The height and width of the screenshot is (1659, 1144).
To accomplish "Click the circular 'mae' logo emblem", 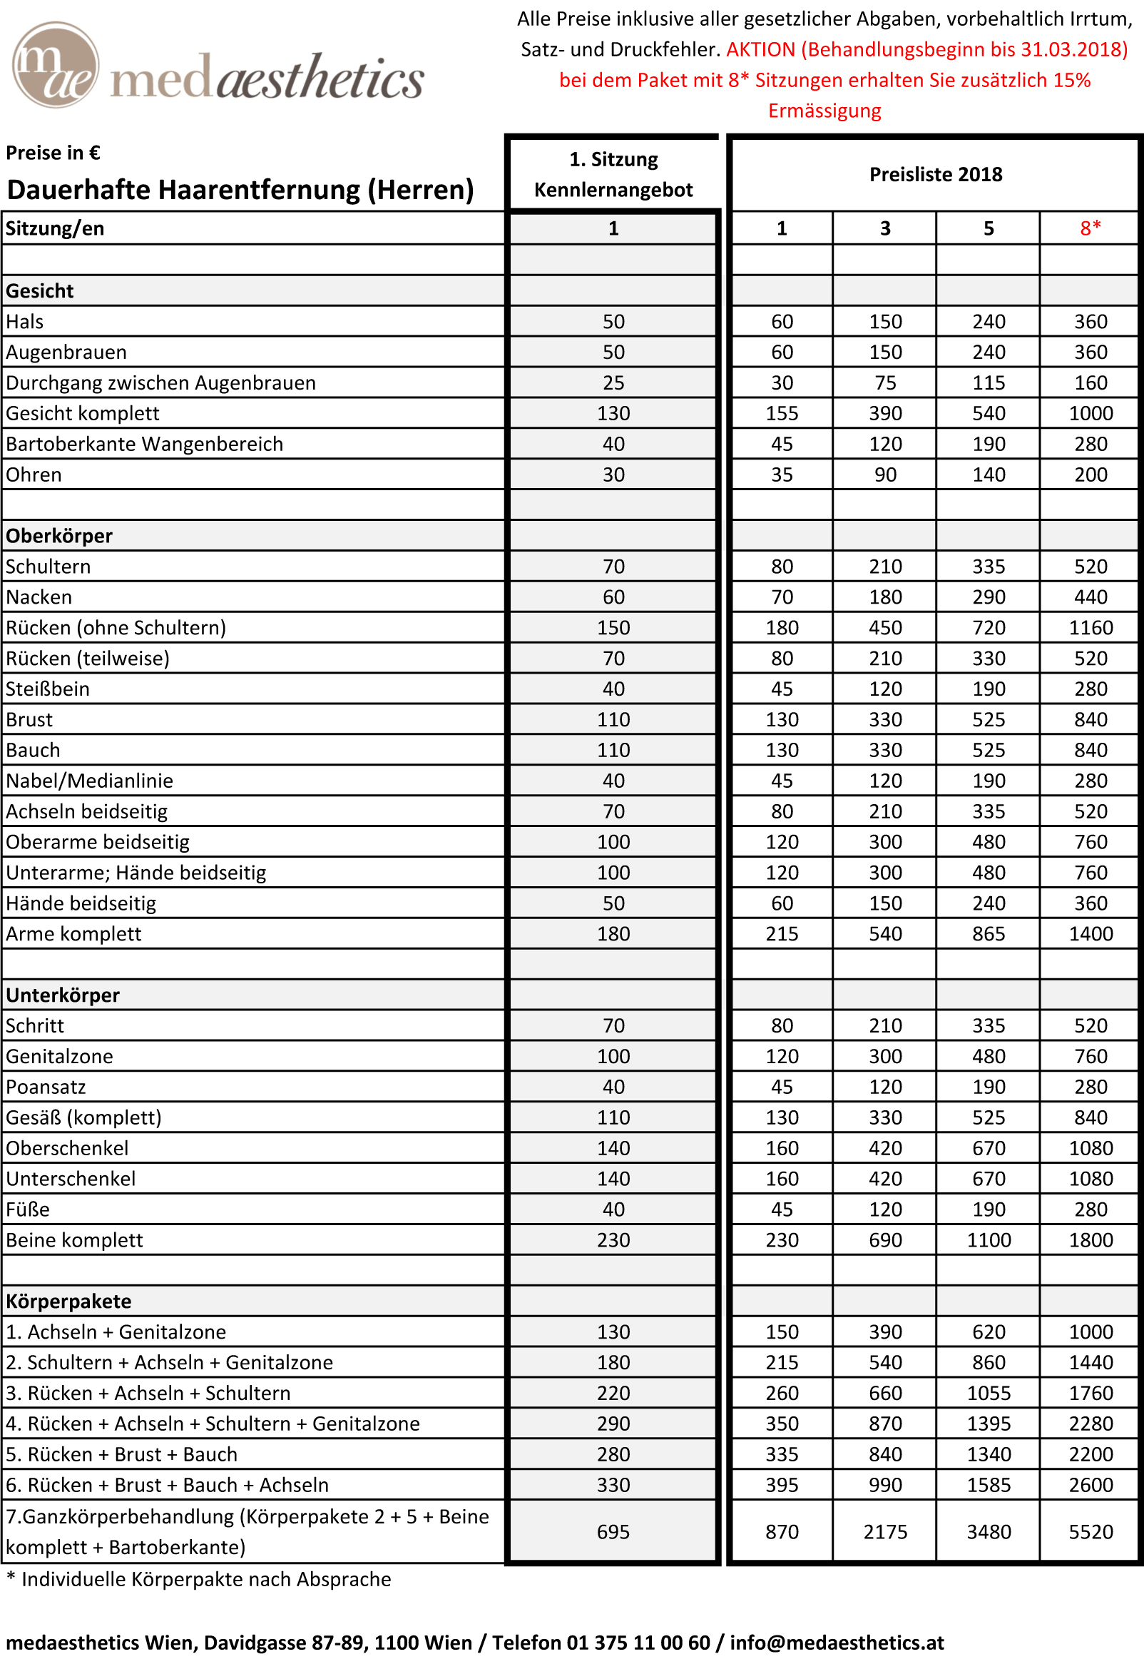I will pos(55,64).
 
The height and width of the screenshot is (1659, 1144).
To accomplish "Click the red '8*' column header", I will pos(1091,229).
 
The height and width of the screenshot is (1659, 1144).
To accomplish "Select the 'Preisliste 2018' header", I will pos(936,174).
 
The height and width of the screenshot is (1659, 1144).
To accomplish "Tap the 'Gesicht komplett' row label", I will pos(83,414).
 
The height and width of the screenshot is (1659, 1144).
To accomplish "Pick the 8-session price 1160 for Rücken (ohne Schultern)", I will pos(1091,628).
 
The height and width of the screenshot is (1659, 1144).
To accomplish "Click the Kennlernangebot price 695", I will pos(613,1531).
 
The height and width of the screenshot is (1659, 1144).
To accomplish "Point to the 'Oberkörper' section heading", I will pos(58,537).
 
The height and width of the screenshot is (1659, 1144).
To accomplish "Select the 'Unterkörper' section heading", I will pos(62,995).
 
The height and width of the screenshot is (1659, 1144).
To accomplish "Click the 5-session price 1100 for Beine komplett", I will pos(989,1240).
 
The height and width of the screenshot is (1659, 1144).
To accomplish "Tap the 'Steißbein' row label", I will pos(47,689).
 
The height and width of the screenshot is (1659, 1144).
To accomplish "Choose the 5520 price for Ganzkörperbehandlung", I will pos(1091,1531).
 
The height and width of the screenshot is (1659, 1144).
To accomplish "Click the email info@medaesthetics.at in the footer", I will pos(837,1642).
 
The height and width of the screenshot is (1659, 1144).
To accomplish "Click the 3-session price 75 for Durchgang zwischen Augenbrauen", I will pos(885,383).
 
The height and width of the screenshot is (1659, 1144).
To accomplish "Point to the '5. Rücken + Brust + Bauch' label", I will pos(121,1454).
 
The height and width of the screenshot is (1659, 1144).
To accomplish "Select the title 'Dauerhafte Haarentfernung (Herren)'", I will pos(240,190).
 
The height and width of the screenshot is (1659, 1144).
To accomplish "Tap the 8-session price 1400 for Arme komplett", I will pos(1091,934).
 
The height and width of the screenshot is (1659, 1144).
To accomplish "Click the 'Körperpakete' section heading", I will pos(68,1302).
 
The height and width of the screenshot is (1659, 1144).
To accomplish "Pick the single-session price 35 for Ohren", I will pos(781,475).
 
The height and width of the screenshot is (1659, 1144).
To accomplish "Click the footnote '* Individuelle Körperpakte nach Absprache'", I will pos(198,1579).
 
